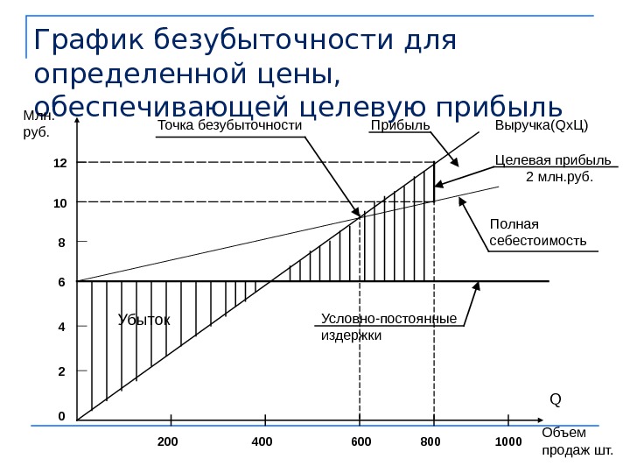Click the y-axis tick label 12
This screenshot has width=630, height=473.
[x=59, y=163]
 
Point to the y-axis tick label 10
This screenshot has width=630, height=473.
[x=59, y=202]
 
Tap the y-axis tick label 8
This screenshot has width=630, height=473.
[x=61, y=241]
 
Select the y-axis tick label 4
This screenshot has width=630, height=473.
[x=61, y=327]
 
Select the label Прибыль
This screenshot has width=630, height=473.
[x=401, y=126]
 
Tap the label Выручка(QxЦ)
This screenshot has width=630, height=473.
[x=542, y=126]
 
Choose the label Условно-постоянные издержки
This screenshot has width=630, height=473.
[x=388, y=326]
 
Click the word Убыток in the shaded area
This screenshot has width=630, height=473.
[x=143, y=320]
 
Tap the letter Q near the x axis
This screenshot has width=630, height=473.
[x=555, y=399]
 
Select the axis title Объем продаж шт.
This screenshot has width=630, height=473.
[x=577, y=441]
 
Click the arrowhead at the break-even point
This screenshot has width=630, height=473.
[x=356, y=212]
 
